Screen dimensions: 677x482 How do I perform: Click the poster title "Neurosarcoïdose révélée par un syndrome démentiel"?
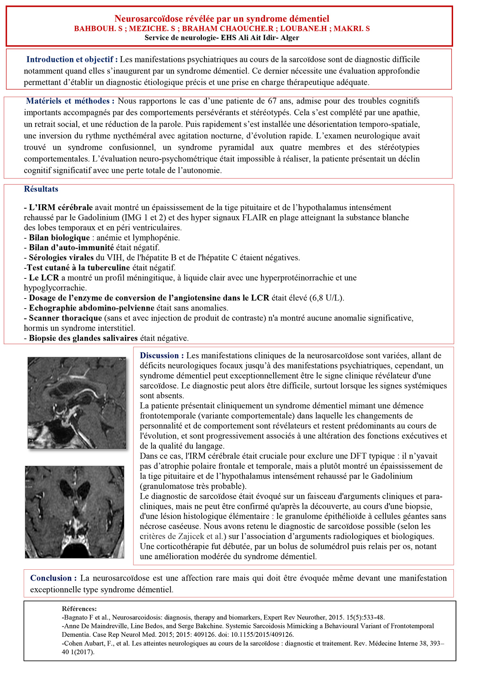coord(222,18)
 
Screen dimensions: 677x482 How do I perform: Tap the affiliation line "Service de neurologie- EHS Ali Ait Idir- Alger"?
coord(222,38)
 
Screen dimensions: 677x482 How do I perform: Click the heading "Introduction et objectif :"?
coord(72,59)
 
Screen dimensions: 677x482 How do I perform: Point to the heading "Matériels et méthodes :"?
coord(70,101)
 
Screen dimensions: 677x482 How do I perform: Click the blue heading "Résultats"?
coord(41,189)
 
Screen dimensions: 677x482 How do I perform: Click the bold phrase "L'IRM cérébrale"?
coord(61,208)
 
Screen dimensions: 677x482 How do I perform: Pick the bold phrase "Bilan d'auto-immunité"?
coord(71,247)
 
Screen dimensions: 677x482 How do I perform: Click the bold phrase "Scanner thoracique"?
coord(65,318)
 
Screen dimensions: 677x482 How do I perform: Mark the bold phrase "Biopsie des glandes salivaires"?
coord(83,338)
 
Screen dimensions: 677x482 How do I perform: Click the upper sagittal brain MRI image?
coord(77,403)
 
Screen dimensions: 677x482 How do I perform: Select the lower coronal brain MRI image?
coord(75,511)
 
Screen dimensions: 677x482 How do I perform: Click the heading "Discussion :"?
coord(162,356)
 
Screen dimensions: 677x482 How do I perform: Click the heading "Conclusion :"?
coord(53,578)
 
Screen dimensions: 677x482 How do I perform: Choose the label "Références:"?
coord(79,609)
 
